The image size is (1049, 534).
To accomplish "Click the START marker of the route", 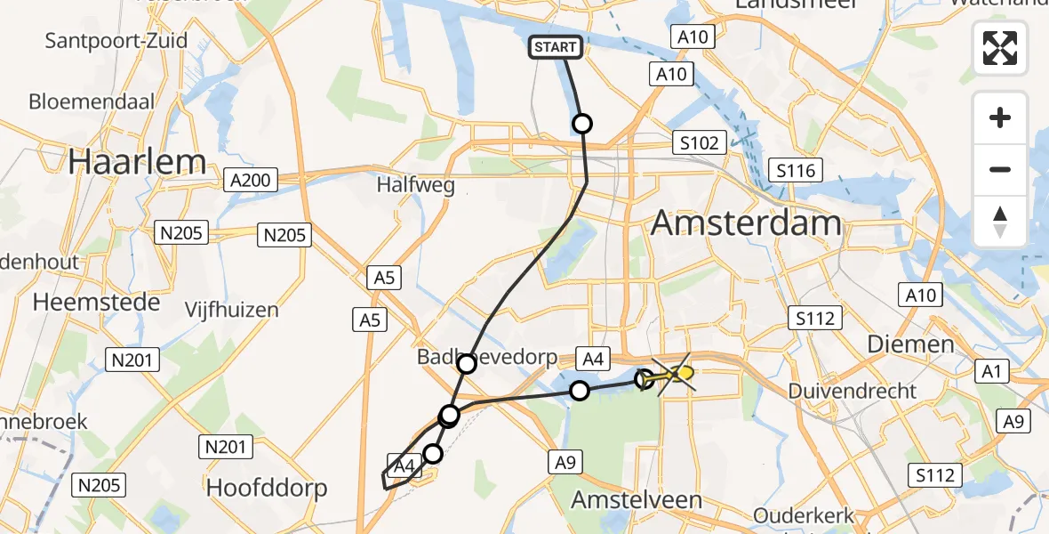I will [557, 47].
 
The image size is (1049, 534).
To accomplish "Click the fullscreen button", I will [1000, 47].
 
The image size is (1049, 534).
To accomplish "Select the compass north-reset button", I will [1000, 222].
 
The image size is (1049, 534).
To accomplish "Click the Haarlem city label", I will [137, 162].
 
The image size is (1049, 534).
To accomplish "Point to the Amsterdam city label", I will [746, 222].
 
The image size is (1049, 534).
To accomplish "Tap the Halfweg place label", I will [415, 186].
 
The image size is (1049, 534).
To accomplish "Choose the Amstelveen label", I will [636, 499].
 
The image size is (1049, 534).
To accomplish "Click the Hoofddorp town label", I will [267, 488].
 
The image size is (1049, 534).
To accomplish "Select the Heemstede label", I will [97, 302].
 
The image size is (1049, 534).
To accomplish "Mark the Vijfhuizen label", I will [231, 311].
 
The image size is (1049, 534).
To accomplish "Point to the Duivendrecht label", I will [852, 391].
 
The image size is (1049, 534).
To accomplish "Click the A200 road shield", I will [249, 180].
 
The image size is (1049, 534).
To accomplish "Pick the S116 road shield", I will [795, 170].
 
